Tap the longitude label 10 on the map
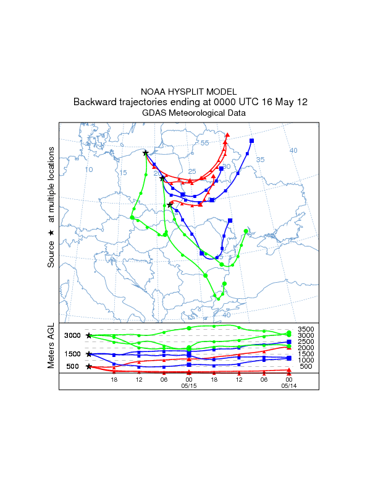click(89, 170)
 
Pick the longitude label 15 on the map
click(123, 173)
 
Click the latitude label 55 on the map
click(204, 144)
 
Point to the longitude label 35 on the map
click(261, 160)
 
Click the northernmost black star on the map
click(146, 153)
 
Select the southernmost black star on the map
click(170, 205)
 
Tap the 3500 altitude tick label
click(306, 329)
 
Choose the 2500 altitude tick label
click(306, 342)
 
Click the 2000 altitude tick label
click(306, 348)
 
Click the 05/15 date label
click(189, 385)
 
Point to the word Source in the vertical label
click(52, 254)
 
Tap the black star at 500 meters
click(89, 366)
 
